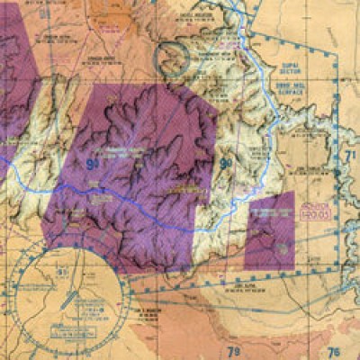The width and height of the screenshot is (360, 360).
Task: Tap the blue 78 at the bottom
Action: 236,350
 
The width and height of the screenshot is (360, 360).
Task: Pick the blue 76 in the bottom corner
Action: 334,350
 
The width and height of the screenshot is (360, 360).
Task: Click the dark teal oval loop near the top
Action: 171,59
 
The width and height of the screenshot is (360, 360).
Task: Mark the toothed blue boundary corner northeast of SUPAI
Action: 337,56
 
